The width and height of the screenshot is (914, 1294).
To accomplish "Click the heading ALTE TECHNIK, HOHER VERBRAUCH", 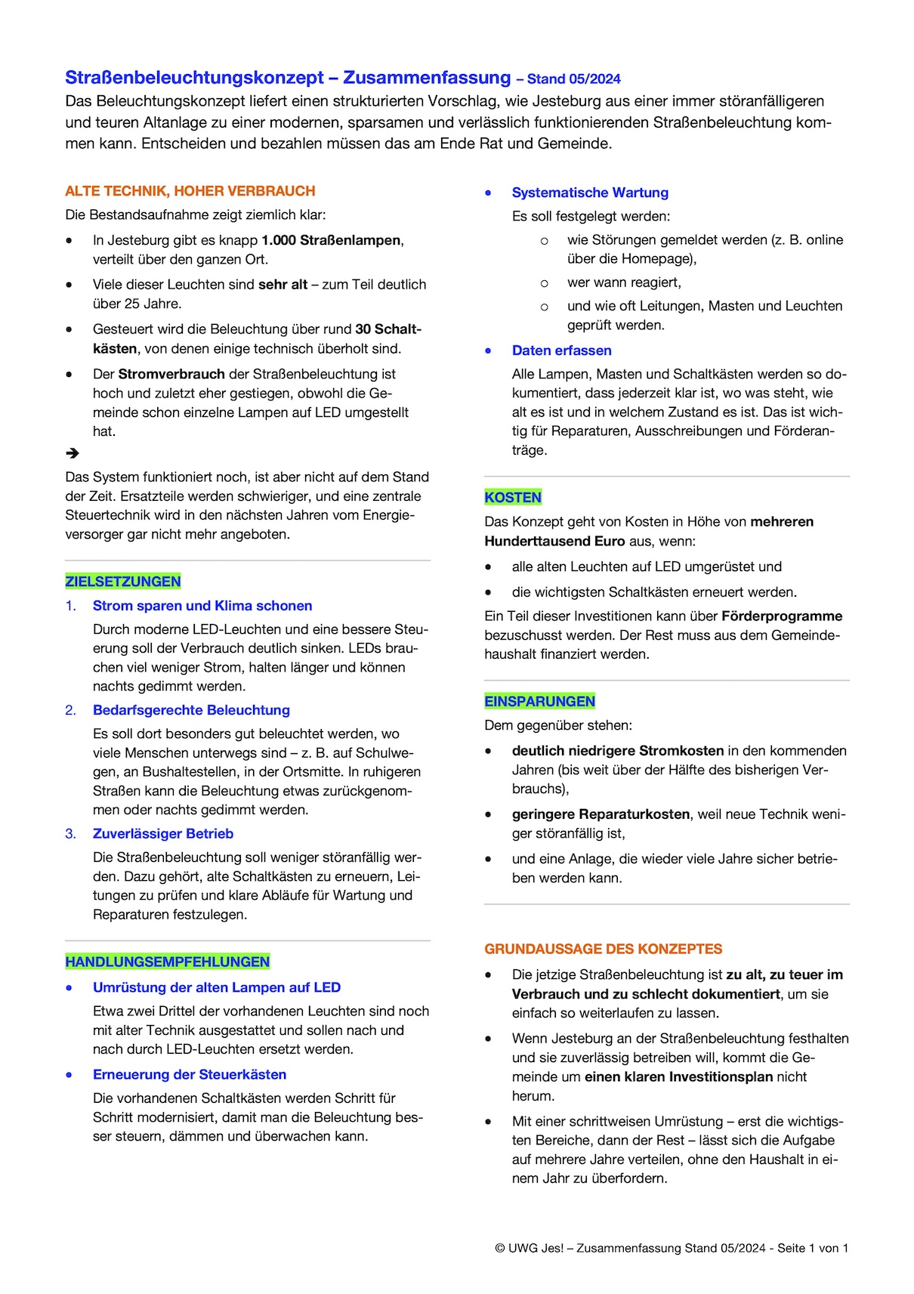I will click(190, 191).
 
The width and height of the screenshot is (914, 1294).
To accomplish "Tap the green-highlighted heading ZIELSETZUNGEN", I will click(123, 582).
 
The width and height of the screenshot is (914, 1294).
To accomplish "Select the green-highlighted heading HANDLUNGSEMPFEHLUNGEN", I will click(167, 962).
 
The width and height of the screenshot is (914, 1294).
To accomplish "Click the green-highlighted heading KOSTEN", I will click(513, 498).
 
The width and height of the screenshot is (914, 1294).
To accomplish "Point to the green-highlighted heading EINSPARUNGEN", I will click(539, 702).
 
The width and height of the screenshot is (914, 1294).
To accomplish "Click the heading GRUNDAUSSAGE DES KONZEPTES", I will click(603, 949).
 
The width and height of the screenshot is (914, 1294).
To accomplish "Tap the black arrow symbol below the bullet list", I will click(73, 453).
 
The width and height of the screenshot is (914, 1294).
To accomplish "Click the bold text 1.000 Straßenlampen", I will click(331, 240).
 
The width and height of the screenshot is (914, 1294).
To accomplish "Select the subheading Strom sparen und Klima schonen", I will click(202, 606).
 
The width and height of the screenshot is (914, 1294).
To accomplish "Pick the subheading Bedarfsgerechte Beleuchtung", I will click(191, 710).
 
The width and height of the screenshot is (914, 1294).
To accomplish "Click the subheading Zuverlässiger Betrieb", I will click(163, 834).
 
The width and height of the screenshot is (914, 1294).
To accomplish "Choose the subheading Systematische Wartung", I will click(590, 193).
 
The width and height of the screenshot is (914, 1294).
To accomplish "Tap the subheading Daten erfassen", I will click(561, 351).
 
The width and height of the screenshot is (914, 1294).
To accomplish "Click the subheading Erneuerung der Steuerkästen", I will click(190, 1075).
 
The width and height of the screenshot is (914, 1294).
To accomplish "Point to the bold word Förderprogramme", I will click(782, 616).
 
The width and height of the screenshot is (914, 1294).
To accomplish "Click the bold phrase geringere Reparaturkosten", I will click(601, 814).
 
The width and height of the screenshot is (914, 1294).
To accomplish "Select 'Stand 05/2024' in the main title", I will click(573, 79).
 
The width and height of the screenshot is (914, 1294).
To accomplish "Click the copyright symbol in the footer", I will click(500, 1249).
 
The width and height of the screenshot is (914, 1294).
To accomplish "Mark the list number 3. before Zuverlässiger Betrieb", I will click(70, 834).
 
